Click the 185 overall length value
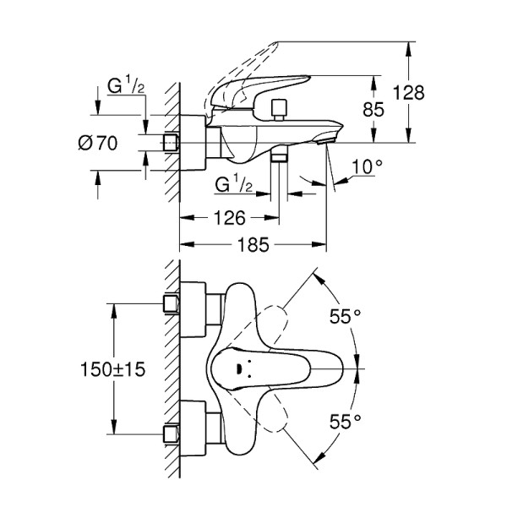tap(253, 245)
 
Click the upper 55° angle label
tap(345, 316)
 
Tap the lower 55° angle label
tap(345, 420)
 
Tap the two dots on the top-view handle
tap(243, 368)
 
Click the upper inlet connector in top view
tap(172, 303)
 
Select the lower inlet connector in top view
tap(172, 435)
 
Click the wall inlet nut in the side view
tap(172, 143)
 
